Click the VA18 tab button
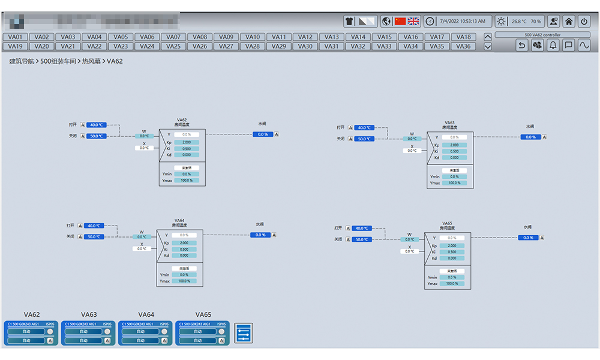pyautogui.click(x=463, y=37)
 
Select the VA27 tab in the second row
pyautogui.click(x=226, y=46)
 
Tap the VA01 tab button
pyautogui.click(x=15, y=37)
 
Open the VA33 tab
pyautogui.click(x=385, y=46)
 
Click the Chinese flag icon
pyautogui.click(x=400, y=21)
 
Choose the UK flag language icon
pyautogui.click(x=413, y=21)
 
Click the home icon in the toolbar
pyautogui.click(x=569, y=21)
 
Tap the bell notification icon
pyautogui.click(x=553, y=45)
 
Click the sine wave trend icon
pyautogui.click(x=584, y=45)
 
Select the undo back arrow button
pyautogui.click(x=522, y=45)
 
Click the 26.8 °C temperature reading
pyautogui.click(x=519, y=22)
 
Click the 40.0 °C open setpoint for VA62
pyautogui.click(x=96, y=125)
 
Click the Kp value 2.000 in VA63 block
pyautogui.click(x=454, y=145)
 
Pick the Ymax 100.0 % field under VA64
pyautogui.click(x=184, y=281)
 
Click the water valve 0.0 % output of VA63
pyautogui.click(x=530, y=137)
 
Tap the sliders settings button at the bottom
pyautogui.click(x=244, y=333)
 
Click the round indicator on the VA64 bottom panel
pyautogui.click(x=165, y=331)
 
